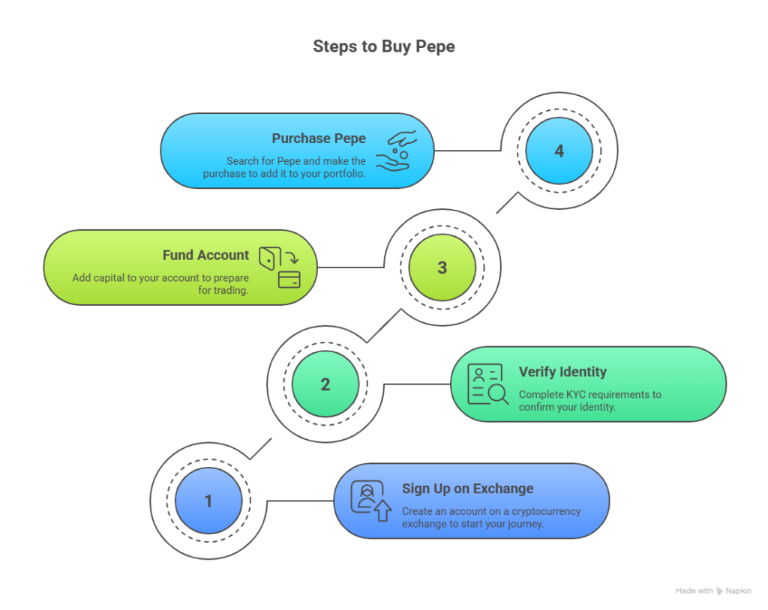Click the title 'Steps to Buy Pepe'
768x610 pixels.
click(x=383, y=46)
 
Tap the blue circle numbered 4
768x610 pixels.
click(x=559, y=151)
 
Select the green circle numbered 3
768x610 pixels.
click(x=442, y=268)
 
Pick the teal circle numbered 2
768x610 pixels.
click(x=325, y=384)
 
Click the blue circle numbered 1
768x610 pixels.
click(x=208, y=501)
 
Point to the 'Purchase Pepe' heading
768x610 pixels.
click(x=319, y=139)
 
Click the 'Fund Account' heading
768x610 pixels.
click(x=205, y=256)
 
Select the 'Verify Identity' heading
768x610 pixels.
click(x=562, y=372)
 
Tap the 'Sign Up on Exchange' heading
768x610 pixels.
click(x=467, y=489)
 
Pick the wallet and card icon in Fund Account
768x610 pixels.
click(x=280, y=268)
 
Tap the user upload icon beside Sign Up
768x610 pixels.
click(x=371, y=501)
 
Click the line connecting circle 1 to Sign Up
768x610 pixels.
click(x=300, y=501)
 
